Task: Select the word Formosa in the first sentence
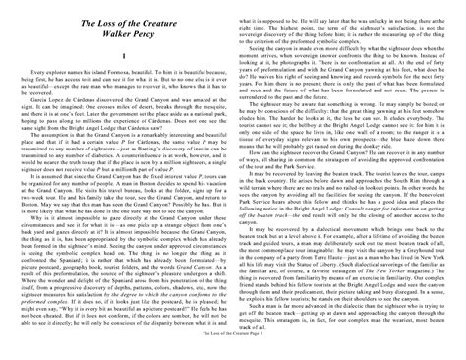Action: tap(120, 72)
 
